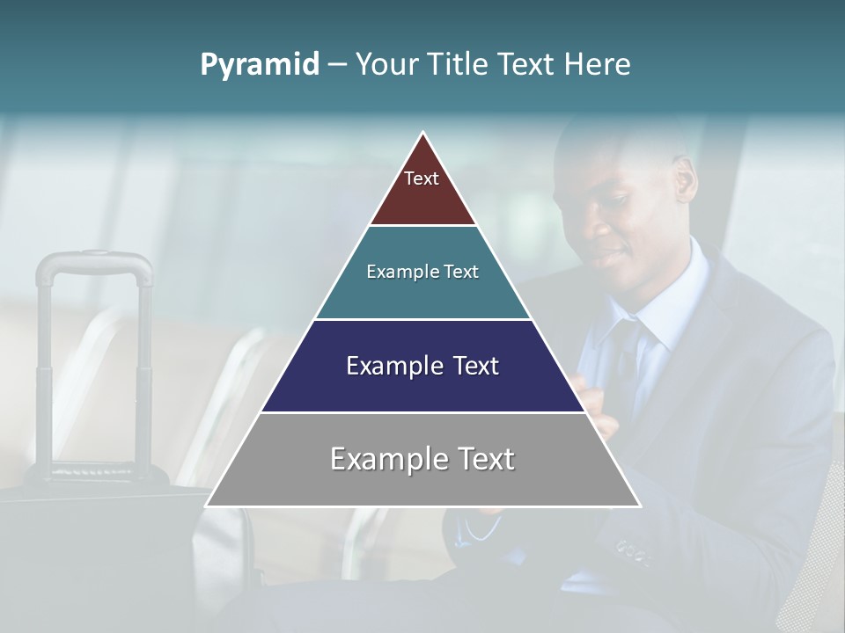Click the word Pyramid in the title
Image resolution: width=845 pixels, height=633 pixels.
click(x=260, y=65)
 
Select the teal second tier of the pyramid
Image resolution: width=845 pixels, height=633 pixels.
click(x=422, y=295)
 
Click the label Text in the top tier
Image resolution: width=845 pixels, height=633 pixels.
click(x=422, y=179)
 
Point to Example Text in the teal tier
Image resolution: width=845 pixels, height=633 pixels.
click(x=422, y=272)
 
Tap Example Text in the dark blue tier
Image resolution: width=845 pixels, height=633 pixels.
click(x=422, y=366)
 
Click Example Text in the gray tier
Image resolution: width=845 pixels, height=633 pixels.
click(x=422, y=459)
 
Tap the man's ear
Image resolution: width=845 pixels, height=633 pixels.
click(x=685, y=180)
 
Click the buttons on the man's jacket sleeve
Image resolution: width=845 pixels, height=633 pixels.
click(x=632, y=552)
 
